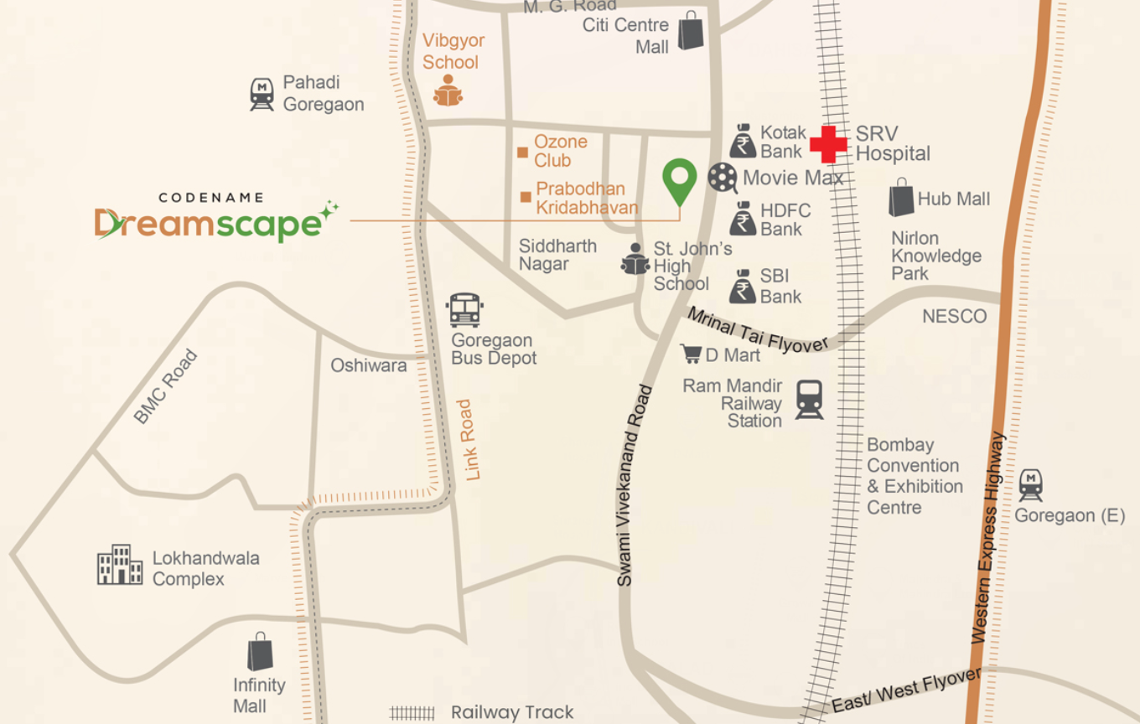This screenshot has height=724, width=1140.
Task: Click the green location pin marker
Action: [x=679, y=178]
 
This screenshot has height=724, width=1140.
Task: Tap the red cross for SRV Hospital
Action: [x=828, y=144]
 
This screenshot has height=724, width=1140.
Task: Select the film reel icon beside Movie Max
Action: [x=722, y=178]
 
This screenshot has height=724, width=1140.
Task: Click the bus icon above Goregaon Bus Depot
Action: [x=465, y=310]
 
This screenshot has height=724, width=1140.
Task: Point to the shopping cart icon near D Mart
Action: [x=692, y=354]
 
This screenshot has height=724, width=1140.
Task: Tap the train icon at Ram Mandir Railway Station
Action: [x=809, y=400]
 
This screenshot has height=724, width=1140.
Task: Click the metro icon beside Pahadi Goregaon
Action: [x=262, y=94]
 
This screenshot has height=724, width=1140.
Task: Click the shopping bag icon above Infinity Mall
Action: [x=260, y=652]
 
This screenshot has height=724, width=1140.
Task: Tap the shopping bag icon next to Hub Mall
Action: [x=901, y=198]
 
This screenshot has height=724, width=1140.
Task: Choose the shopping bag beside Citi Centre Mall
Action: [x=691, y=30]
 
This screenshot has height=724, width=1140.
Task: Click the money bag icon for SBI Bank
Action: [x=742, y=287]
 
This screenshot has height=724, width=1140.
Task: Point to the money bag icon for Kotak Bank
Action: [x=742, y=142]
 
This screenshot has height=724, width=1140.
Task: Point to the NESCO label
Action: [x=954, y=317]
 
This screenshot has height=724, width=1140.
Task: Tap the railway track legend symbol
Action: [x=412, y=713]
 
